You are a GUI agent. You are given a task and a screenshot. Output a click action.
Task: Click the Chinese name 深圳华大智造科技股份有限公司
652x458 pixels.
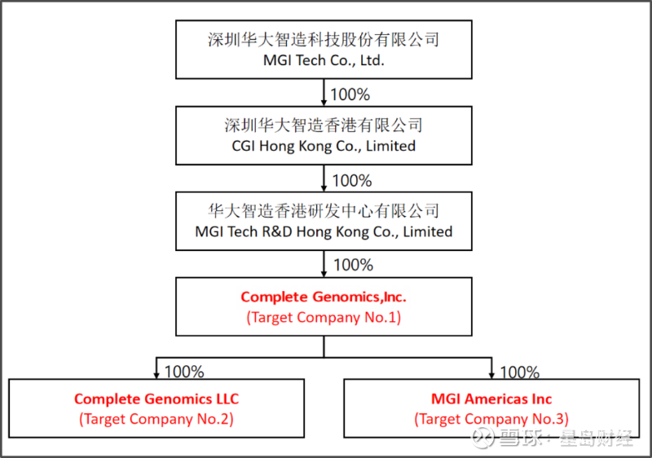coord(324,39)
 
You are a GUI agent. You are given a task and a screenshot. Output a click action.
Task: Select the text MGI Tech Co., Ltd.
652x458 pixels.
coord(324,60)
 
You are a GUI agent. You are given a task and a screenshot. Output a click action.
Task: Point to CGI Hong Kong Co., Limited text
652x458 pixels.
coord(324,146)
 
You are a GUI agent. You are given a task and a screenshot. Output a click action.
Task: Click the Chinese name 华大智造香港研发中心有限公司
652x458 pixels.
coord(324,210)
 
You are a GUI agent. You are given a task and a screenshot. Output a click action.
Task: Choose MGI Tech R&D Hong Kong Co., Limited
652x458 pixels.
coord(324,231)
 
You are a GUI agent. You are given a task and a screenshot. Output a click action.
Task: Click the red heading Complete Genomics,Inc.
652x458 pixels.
coord(324,297)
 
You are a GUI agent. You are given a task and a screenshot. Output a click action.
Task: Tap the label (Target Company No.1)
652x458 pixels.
coord(324,318)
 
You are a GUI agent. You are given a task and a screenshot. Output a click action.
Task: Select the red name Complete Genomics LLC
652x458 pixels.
coord(156,399)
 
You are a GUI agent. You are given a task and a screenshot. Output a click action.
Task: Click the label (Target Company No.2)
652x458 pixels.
coord(156,420)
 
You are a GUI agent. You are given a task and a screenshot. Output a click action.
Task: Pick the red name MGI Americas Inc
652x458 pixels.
coord(491,399)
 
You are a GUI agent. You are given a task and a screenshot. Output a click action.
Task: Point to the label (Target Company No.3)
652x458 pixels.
coord(491,420)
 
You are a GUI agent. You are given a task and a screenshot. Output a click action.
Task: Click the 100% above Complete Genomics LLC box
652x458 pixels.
coord(184,372)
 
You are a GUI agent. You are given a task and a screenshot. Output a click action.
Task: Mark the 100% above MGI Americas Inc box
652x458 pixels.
coord(519,372)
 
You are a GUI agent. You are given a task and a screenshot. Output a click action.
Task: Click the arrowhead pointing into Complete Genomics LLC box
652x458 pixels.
coord(156,374)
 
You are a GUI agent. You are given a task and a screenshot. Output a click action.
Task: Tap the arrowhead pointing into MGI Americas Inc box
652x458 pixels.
coord(491,374)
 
